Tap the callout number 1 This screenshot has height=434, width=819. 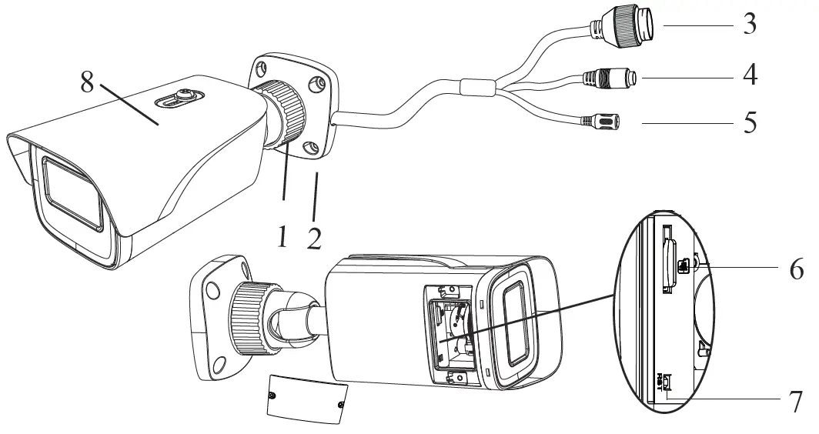tap(282, 236)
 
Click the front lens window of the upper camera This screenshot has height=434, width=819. tap(72, 192)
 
